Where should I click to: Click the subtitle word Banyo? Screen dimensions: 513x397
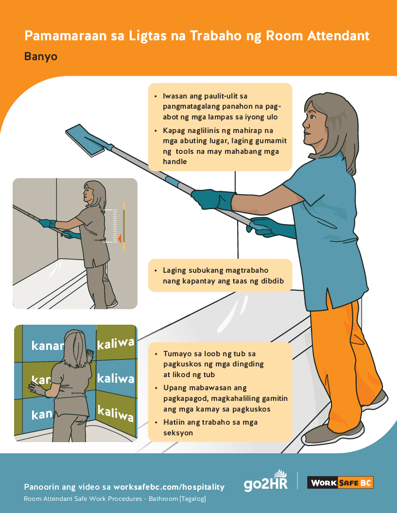(41, 56)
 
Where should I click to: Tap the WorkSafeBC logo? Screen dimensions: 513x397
(340, 483)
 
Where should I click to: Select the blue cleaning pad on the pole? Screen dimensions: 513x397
(86, 139)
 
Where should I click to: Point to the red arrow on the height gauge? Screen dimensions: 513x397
(119, 238)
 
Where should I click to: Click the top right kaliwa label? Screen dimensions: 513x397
(116, 344)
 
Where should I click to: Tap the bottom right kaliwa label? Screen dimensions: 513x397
(116, 414)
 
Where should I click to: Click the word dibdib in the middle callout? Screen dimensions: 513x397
(272, 281)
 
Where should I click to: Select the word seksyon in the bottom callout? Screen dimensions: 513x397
(178, 432)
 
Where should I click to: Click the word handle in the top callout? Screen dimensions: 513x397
(175, 162)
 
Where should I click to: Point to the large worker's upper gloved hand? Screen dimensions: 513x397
(213, 199)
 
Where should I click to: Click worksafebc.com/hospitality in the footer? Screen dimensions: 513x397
(169, 487)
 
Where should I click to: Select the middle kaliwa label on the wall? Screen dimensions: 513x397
(116, 378)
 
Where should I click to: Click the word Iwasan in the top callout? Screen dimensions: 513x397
(175, 96)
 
